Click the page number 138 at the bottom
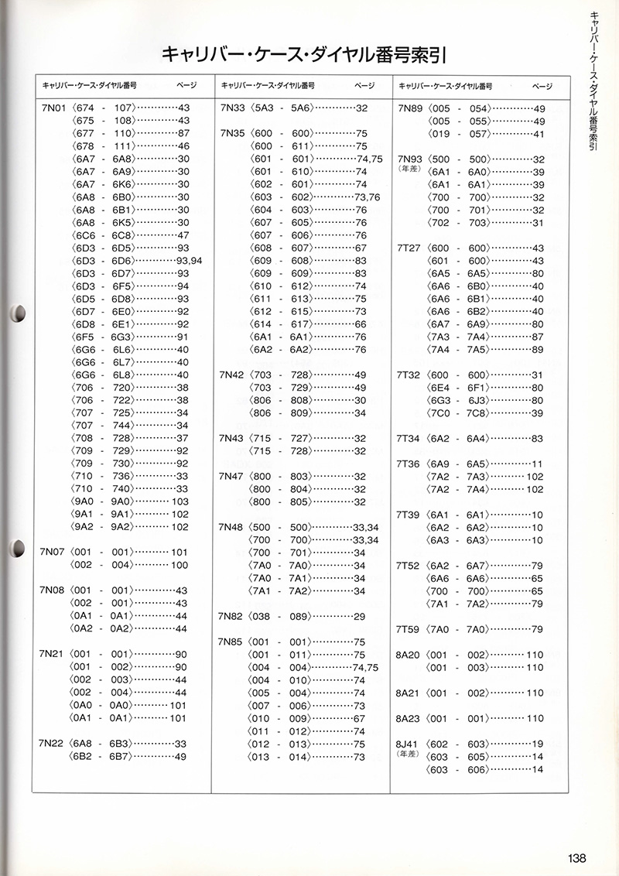576,857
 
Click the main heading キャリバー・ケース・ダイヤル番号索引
306,55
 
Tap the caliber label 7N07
52,553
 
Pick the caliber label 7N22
52,743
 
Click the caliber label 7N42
232,375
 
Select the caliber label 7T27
409,248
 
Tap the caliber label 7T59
409,628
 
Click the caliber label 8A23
409,718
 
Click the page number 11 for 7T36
538,464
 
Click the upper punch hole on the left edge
17,313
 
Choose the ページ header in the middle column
364,84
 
